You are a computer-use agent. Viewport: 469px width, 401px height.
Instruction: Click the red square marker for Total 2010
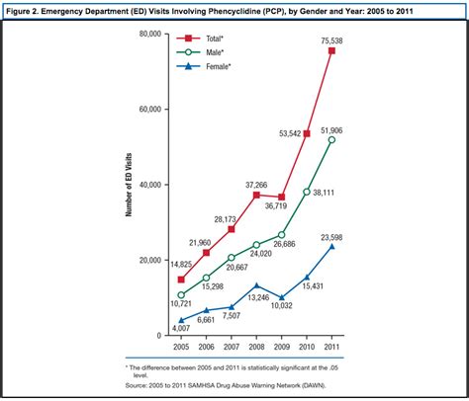[x=307, y=134]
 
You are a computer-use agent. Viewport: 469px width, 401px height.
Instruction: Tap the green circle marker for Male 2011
[x=331, y=140]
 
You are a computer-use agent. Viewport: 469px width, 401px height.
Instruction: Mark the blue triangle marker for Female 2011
[x=331, y=246]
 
